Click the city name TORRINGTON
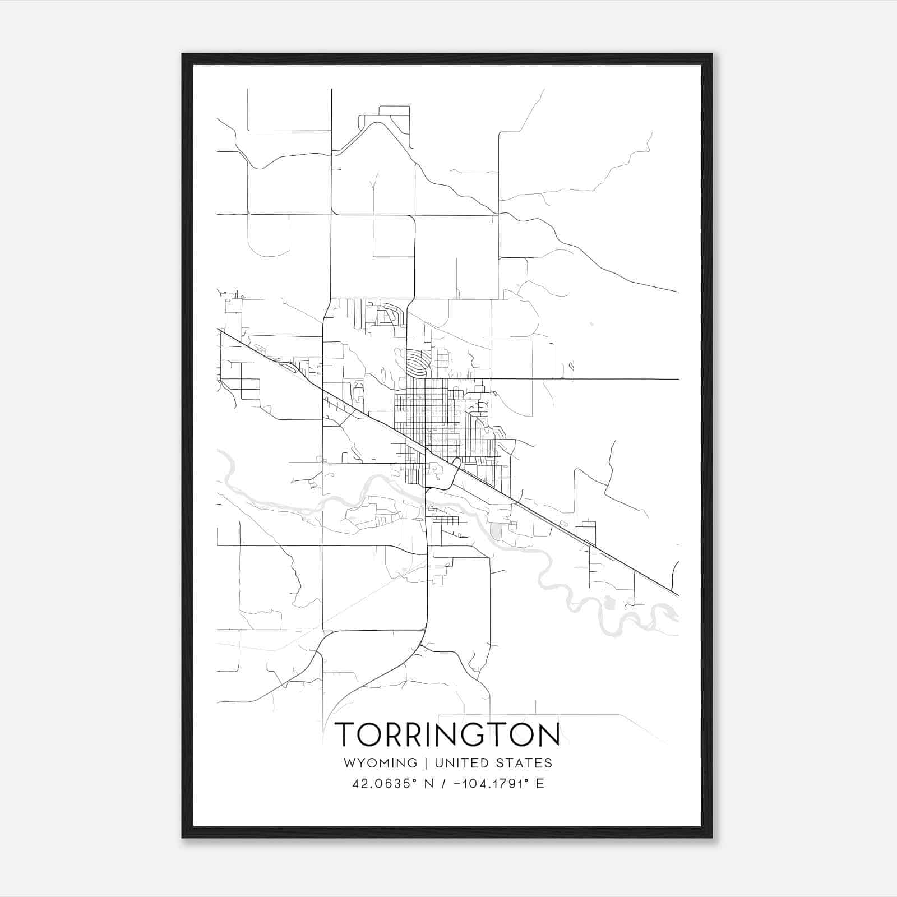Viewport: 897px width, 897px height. [447, 734]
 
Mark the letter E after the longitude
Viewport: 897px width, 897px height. [540, 784]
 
